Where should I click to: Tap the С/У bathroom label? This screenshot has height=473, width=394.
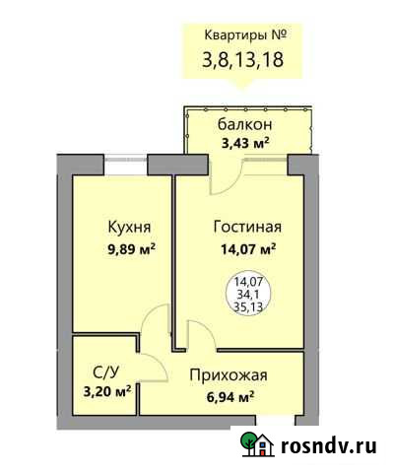coord(105,372)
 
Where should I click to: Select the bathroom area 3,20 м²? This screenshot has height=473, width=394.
coord(107,389)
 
